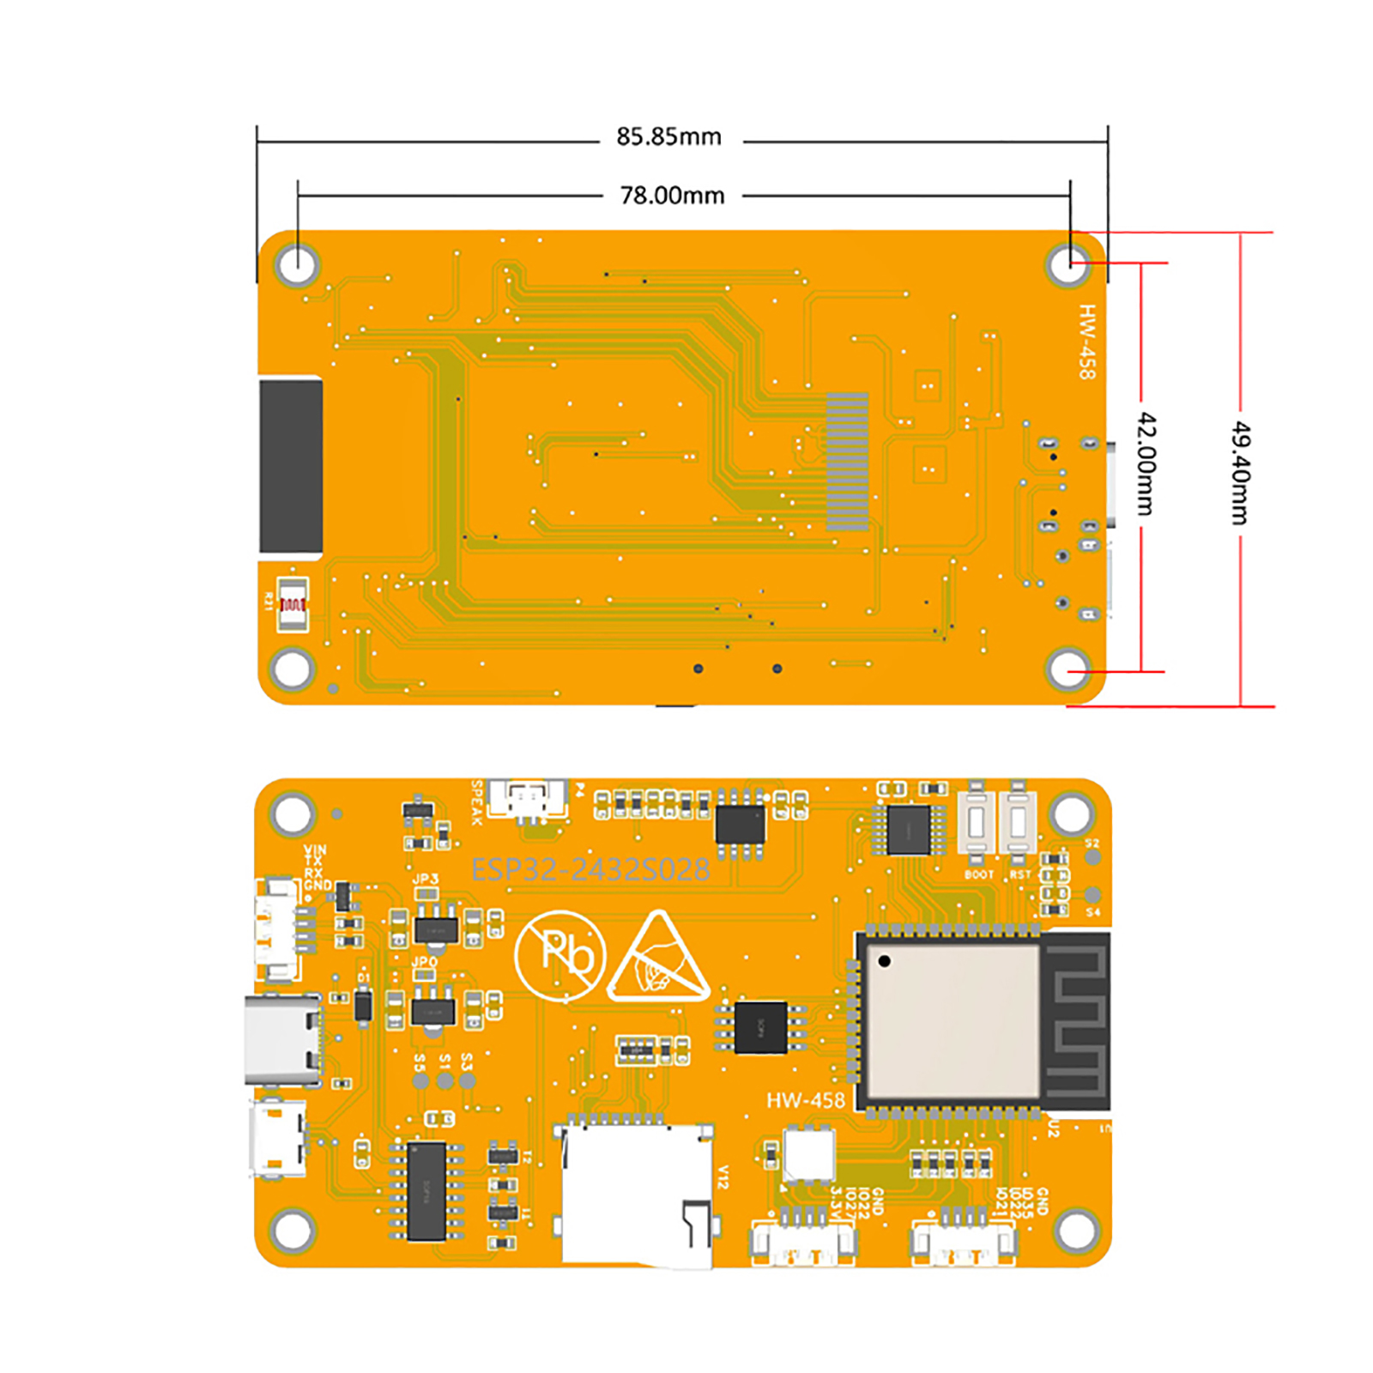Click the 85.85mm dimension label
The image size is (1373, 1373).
668,137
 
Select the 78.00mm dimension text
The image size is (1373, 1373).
672,196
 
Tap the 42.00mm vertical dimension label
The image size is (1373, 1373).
1146,463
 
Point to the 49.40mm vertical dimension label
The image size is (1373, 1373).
1240,473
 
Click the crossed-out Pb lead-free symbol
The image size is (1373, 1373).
560,955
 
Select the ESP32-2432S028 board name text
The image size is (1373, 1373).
590,870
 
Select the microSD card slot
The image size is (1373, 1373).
637,1193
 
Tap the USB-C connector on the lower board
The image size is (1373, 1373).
281,1041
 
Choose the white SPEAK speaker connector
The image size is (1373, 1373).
528,799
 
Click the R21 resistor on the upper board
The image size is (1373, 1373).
292,603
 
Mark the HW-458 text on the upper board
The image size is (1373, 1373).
1087,342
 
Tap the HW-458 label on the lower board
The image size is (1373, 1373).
805,1100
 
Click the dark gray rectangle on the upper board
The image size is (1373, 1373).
291,466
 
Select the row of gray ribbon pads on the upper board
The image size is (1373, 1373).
847,462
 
